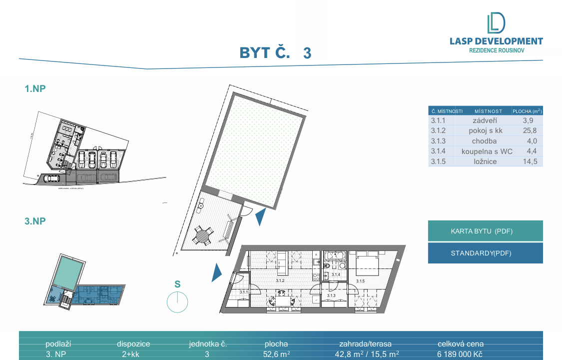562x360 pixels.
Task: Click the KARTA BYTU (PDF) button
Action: tap(485, 231)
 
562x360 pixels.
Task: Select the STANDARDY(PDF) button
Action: tap(485, 253)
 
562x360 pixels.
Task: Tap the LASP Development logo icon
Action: tap(496, 23)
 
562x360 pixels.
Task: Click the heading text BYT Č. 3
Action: tap(275, 52)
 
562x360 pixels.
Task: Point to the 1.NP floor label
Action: tap(36, 89)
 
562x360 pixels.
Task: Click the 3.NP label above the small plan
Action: tap(36, 221)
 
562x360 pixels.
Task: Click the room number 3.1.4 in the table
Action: tap(438, 151)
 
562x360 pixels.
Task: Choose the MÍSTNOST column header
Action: tap(488, 111)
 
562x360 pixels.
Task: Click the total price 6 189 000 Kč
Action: tap(460, 354)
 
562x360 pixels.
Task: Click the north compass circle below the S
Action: tap(177, 302)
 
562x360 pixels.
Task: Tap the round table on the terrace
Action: tap(202, 234)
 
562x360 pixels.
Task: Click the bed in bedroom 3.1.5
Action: tap(369, 261)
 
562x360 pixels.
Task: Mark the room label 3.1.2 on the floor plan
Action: tap(280, 281)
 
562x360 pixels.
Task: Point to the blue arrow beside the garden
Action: tap(260, 217)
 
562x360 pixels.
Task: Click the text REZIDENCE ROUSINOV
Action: tap(497, 50)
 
